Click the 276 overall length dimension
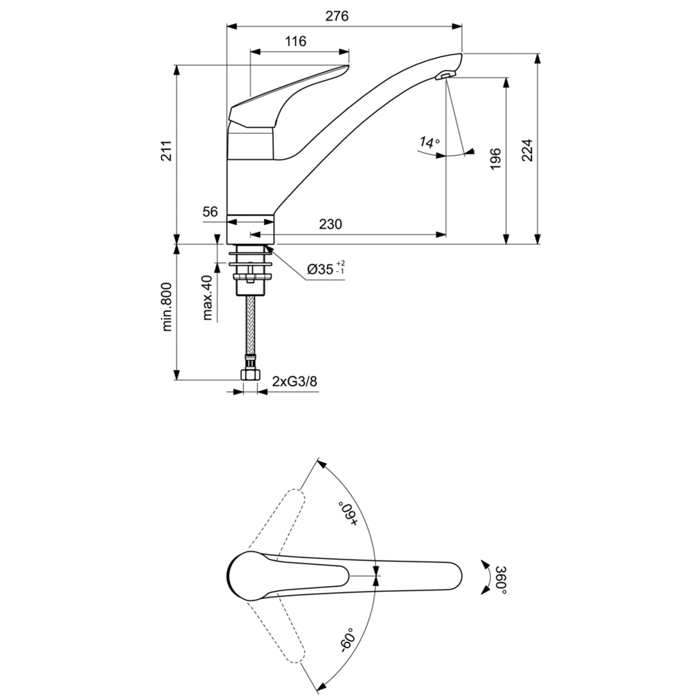[x=336, y=16]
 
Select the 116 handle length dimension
[x=295, y=41]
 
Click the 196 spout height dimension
[x=495, y=159]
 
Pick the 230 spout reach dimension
[x=331, y=224]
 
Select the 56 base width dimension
[x=210, y=211]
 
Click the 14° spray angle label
[x=428, y=142]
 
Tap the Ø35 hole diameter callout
[x=325, y=269]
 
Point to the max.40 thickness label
[x=207, y=298]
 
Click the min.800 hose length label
[x=167, y=307]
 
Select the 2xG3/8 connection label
[x=294, y=381]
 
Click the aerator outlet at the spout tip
[x=445, y=75]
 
